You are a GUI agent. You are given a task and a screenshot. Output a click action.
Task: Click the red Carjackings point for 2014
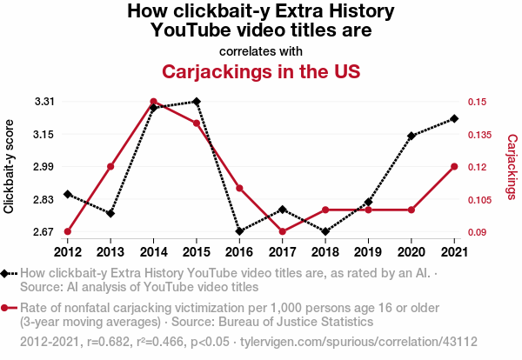coord(153,102)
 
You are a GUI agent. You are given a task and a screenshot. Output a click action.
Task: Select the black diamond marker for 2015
coord(197,102)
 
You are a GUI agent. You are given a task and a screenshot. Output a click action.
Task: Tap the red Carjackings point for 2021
coord(454,166)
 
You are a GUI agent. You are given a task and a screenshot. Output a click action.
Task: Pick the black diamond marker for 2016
coord(239,231)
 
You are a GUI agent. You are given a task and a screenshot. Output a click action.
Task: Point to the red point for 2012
coord(68,231)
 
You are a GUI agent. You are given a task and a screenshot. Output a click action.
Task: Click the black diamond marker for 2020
coord(412,136)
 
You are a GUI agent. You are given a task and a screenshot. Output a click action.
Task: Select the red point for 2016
coord(239,188)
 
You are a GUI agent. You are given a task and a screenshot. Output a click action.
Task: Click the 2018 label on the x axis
coord(325,252)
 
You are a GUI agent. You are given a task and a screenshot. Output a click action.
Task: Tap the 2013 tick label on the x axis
coord(110,252)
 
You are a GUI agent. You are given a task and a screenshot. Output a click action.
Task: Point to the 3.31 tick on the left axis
coord(44,102)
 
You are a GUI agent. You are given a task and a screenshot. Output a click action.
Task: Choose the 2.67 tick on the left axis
coord(44,232)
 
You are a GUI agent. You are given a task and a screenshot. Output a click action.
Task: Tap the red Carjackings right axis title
coord(512,167)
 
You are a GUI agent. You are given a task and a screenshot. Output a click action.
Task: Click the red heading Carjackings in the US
coord(261,70)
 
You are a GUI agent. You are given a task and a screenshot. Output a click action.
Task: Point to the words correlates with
coord(261,50)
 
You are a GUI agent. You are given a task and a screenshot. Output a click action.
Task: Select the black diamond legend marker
coord(8,274)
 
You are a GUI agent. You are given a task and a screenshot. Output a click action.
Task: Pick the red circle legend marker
coord(8,308)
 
